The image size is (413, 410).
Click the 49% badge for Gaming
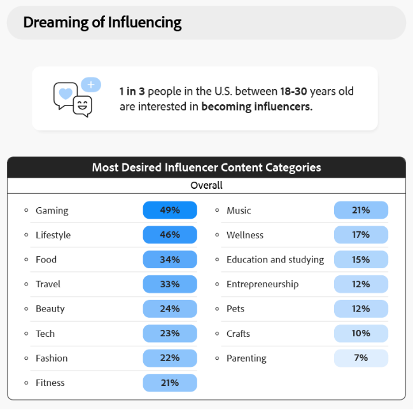(x=170, y=210)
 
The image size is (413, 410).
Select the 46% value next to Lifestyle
(x=170, y=235)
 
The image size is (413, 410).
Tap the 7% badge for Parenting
(x=361, y=358)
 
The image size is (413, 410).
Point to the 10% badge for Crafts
(x=361, y=334)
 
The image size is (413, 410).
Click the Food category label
(x=46, y=259)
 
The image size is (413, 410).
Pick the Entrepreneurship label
(x=262, y=284)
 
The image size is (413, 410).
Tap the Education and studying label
(x=275, y=259)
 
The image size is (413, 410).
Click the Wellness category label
(x=245, y=235)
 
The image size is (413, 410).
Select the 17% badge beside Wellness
(x=361, y=235)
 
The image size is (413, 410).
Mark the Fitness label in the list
(x=50, y=383)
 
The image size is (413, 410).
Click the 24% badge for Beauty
(x=170, y=309)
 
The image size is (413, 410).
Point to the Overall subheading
(x=207, y=186)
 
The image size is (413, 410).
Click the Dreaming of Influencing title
(x=102, y=23)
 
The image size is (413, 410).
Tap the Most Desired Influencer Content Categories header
(x=206, y=168)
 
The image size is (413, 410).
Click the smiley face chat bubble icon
(x=82, y=106)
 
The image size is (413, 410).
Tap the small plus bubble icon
(x=91, y=84)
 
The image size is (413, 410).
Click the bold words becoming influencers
(x=257, y=107)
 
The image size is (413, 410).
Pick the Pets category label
(x=235, y=309)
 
